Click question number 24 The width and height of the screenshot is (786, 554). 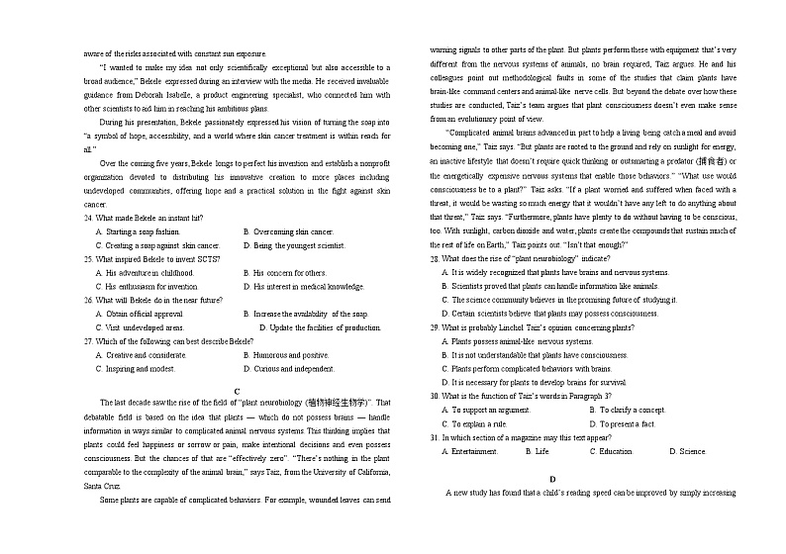click(88, 218)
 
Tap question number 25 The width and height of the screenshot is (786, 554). click(88, 259)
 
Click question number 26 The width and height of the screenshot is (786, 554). click(88, 300)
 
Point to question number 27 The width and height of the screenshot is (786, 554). click(88, 341)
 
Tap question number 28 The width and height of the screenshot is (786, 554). click(435, 258)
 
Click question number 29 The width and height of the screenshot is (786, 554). click(435, 326)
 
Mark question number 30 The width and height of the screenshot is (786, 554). click(435, 395)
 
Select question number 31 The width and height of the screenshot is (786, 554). click(435, 436)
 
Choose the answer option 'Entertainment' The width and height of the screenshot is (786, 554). click(474, 450)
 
